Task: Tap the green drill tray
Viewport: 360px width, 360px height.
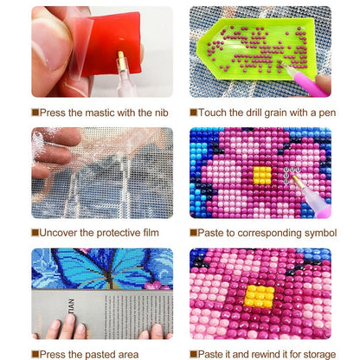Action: (x=258, y=48)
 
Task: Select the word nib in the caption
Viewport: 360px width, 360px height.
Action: (x=162, y=112)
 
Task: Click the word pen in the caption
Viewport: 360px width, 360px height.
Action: (x=327, y=113)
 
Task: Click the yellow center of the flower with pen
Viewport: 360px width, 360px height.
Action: (x=262, y=176)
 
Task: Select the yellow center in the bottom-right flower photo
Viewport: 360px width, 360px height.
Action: (x=260, y=296)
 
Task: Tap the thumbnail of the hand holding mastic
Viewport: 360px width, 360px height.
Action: (x=102, y=52)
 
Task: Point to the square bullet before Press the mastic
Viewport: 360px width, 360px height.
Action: (x=35, y=112)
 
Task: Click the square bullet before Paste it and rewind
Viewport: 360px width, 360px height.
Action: (x=194, y=354)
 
